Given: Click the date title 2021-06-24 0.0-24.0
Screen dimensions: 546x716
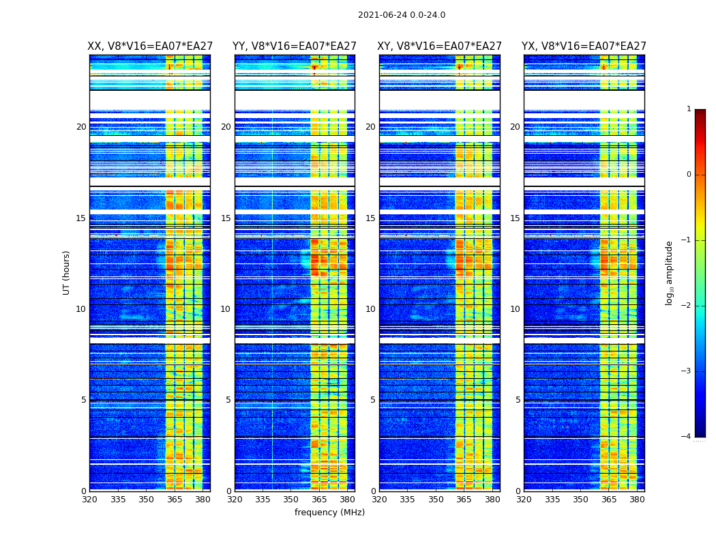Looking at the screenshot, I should (x=402, y=15).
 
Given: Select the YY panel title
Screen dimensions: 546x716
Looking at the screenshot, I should (x=295, y=46).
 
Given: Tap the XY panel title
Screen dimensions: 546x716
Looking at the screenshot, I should (x=440, y=46).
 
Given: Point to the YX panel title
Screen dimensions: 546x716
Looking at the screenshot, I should (x=584, y=46).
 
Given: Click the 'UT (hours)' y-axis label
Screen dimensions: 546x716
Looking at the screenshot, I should (x=67, y=272).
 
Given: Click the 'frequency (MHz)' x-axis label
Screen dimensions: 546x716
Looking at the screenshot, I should (x=329, y=513).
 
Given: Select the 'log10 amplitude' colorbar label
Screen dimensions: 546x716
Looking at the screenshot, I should (x=670, y=272).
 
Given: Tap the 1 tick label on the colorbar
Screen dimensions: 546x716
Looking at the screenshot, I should (x=688, y=109).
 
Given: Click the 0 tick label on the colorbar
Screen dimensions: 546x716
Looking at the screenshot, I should (x=688, y=175).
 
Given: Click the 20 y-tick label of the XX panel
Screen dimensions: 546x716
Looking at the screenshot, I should (x=81, y=127).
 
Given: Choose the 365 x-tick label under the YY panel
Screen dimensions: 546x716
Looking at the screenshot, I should (x=319, y=500).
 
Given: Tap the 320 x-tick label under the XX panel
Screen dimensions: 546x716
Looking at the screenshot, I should (x=89, y=500).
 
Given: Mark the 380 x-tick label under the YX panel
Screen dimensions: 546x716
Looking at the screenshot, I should (x=637, y=500).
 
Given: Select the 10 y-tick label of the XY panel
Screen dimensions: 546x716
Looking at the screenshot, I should (x=370, y=309).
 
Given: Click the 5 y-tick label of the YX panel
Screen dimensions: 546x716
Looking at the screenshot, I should (x=518, y=400).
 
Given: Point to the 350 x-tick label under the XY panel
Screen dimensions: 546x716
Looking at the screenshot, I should (x=435, y=500).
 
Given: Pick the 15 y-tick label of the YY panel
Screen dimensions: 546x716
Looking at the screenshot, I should (x=226, y=218).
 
